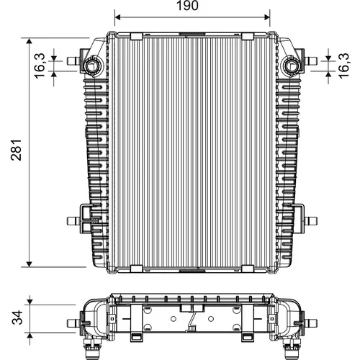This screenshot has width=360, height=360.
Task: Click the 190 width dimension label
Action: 187,6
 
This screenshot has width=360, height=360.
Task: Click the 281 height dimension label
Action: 17,150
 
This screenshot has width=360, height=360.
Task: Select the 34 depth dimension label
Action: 17,318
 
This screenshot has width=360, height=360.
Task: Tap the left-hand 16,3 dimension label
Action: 40,66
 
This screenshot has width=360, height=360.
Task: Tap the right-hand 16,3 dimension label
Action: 343,66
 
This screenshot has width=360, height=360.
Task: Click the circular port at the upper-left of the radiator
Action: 92,66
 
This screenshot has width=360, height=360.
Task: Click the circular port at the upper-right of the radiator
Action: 292,66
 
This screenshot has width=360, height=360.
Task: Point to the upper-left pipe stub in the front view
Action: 73,60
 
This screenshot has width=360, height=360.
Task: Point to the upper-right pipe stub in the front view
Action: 311,60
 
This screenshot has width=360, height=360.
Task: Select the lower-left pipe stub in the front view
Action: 73,221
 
